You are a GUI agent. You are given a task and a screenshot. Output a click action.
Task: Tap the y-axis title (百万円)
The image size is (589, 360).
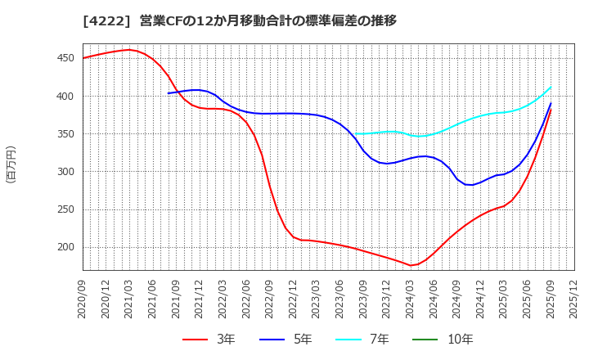11,164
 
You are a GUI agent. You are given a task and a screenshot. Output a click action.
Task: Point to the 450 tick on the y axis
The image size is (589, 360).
66,58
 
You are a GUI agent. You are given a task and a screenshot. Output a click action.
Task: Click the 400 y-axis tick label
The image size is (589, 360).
66,97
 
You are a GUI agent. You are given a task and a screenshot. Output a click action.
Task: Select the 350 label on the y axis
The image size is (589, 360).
66,134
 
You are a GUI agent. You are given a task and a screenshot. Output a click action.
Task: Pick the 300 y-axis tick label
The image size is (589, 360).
66,172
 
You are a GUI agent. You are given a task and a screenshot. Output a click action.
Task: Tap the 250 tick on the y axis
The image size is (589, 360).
66,209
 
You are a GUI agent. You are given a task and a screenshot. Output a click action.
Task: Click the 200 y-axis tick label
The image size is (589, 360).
66,247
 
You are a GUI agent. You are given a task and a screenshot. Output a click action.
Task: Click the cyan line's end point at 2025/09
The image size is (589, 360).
551,87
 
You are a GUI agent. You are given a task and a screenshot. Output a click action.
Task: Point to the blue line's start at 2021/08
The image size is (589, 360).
169,93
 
